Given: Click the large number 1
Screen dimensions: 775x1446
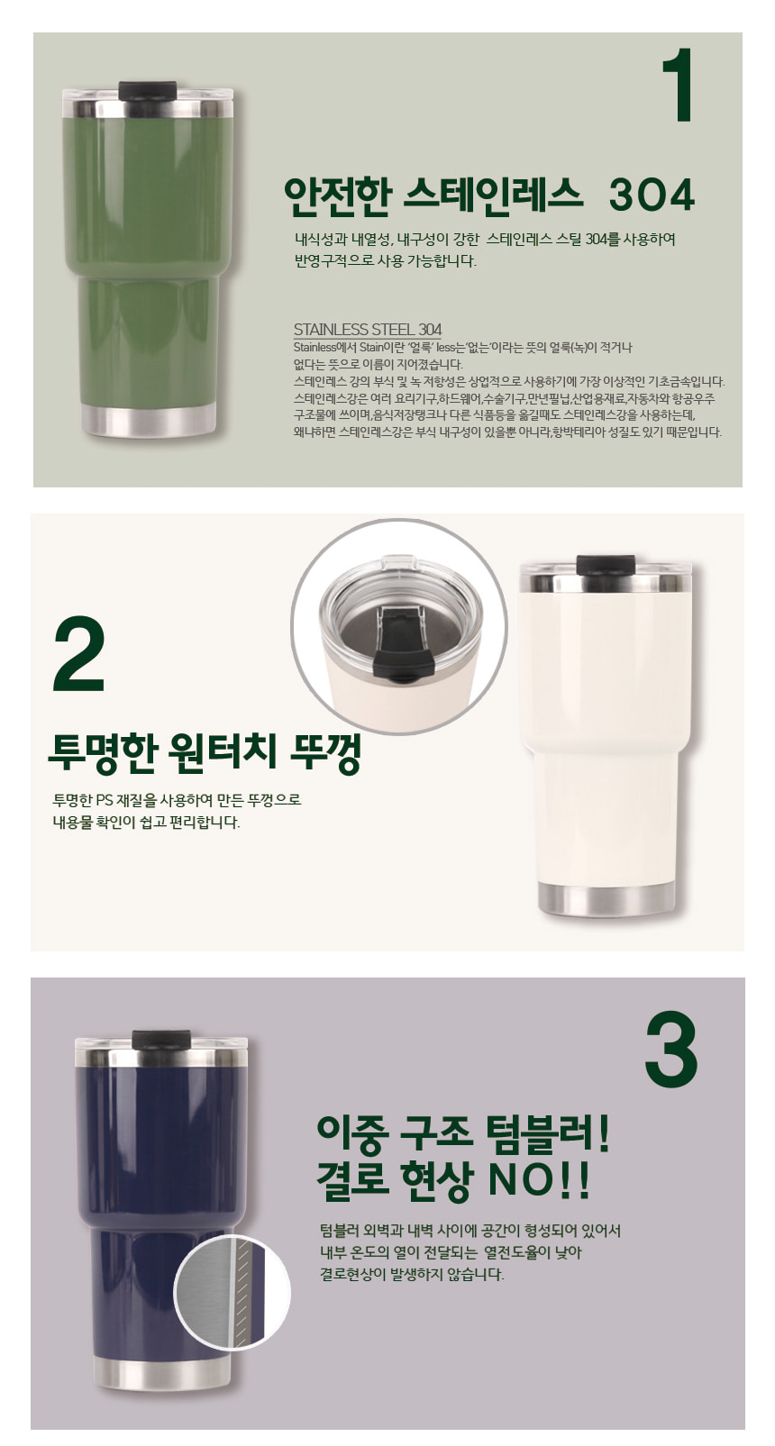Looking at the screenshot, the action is (678, 85).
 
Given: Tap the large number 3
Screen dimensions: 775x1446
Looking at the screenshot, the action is (670, 1051).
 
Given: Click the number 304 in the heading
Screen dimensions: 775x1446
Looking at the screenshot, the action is (651, 195).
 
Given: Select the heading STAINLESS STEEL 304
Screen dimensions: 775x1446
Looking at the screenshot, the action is (368, 329).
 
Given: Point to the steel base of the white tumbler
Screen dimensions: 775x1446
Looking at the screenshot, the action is (606, 898).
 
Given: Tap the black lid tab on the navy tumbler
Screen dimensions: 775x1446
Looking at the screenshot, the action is (160, 1040).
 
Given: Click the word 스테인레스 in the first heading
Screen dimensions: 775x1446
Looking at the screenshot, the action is (492, 195).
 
